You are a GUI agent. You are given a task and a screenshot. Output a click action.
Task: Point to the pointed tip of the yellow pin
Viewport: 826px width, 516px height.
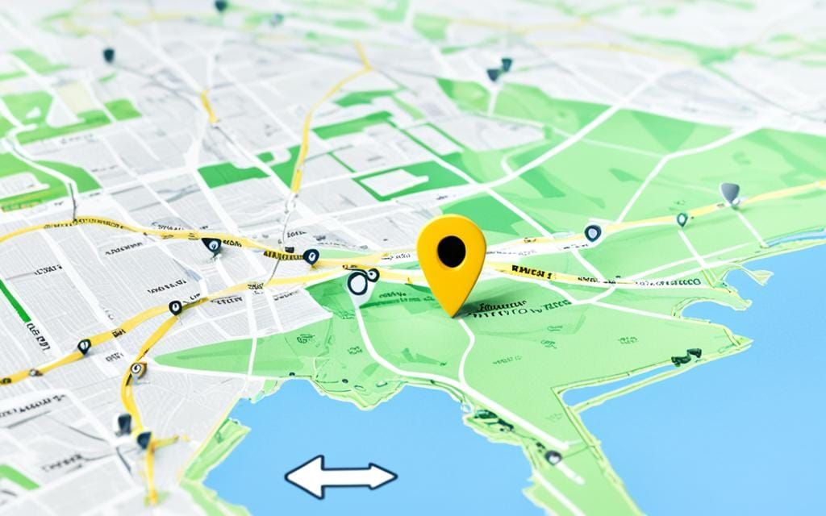(x=455, y=313)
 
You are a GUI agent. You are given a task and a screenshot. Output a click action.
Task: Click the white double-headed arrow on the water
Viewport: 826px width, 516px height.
(x=341, y=476)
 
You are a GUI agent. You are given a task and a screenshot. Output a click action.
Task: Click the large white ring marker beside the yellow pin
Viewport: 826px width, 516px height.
(x=359, y=283)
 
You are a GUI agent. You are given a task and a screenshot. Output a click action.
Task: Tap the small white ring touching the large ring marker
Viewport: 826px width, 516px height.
(x=372, y=274)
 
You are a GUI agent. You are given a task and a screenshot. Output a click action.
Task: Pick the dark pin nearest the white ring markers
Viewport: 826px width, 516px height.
(x=311, y=257)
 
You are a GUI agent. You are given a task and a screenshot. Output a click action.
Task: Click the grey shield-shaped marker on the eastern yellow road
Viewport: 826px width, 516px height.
(x=729, y=193)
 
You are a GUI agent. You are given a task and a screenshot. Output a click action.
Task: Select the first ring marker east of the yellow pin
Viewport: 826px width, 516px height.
(x=593, y=233)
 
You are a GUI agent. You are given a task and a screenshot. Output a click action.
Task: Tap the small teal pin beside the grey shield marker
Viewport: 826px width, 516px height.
(x=682, y=218)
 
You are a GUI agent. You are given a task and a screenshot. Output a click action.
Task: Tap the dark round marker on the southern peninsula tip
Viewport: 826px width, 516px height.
(x=553, y=457)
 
